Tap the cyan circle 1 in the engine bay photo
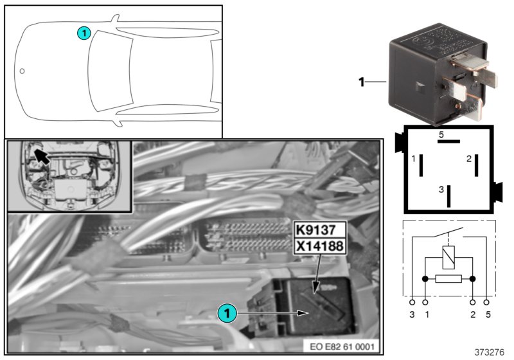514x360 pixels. [226, 313]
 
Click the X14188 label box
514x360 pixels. [320, 245]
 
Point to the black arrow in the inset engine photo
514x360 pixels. [42, 156]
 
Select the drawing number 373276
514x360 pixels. [490, 352]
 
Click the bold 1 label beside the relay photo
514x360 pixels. [362, 82]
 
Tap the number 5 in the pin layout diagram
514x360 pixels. [441, 135]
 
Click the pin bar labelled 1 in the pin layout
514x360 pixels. [420, 165]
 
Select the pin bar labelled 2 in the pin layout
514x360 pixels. [477, 165]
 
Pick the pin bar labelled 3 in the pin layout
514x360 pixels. [449, 194]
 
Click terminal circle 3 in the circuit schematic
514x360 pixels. [412, 301]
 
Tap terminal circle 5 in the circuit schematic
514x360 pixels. [487, 301]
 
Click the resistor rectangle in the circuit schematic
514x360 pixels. [449, 280]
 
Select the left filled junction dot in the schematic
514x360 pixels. [425, 280]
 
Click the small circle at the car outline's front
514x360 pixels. [22, 71]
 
